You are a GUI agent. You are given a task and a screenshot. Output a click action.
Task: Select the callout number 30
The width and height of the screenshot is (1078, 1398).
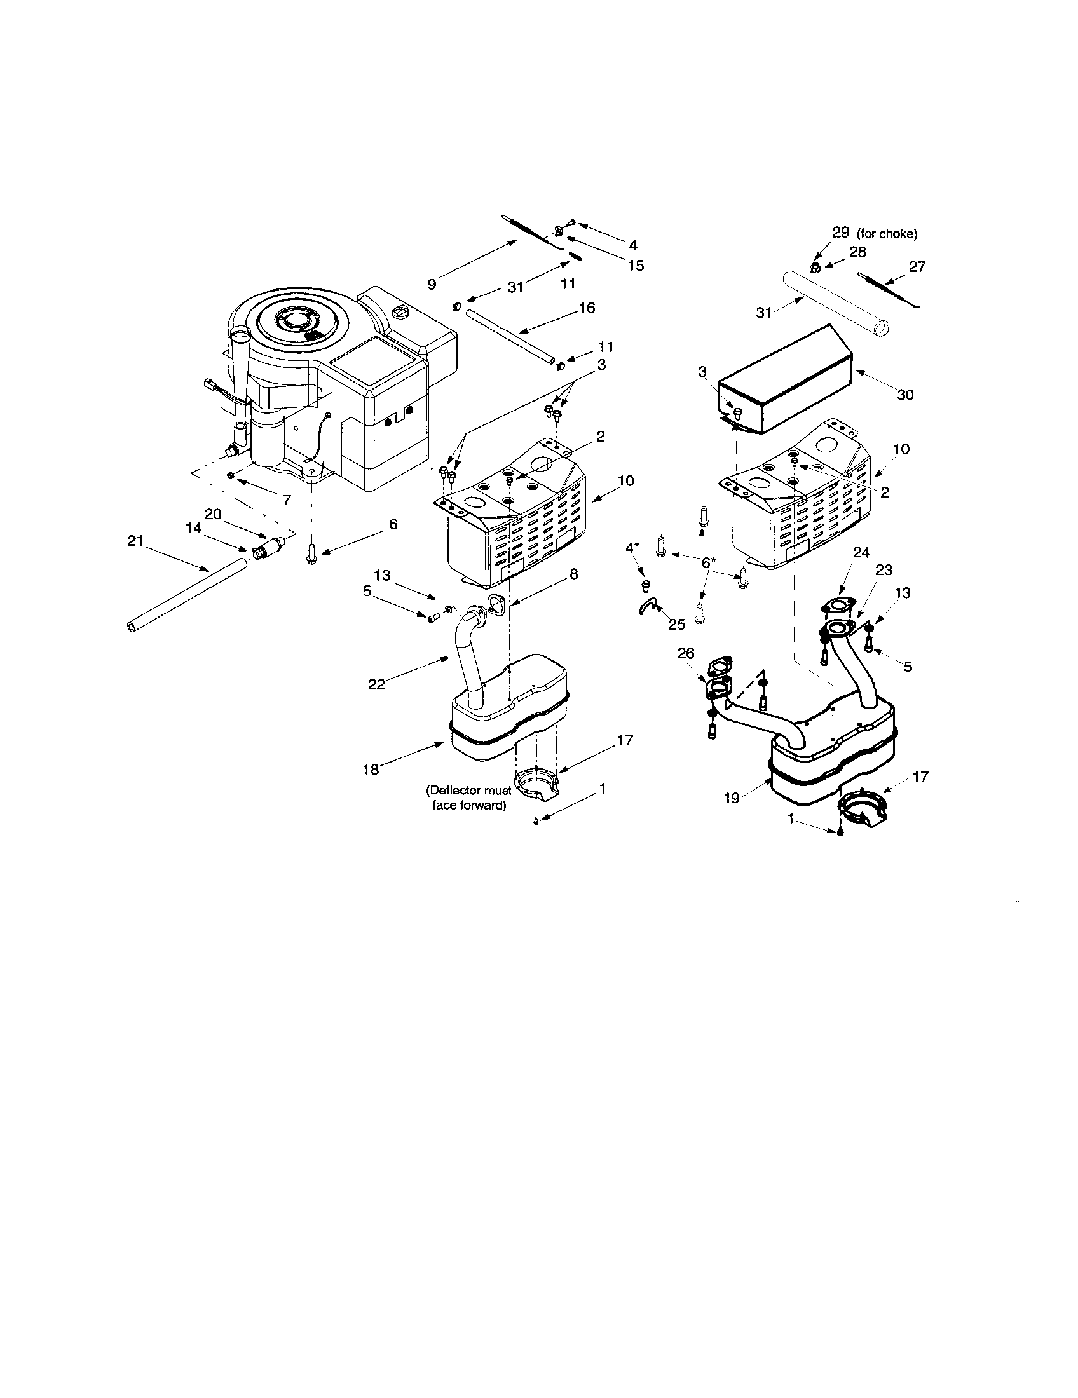(x=904, y=395)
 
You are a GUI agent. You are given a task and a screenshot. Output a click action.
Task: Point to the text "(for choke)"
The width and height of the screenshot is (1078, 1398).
(x=887, y=234)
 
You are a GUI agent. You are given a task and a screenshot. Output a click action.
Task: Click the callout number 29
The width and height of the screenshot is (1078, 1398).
(x=840, y=233)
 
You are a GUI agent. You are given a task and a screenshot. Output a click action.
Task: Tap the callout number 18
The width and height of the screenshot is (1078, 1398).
(x=371, y=770)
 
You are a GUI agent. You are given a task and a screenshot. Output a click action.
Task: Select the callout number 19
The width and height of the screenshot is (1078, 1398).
(x=732, y=797)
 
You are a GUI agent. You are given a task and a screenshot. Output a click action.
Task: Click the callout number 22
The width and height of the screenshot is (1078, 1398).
(x=376, y=684)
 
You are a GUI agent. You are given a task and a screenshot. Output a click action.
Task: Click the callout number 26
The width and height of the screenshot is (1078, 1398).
(x=686, y=653)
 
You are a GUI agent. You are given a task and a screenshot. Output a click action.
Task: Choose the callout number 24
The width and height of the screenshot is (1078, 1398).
(x=862, y=552)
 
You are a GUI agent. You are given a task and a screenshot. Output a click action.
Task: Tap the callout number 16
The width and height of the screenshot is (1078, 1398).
(x=587, y=308)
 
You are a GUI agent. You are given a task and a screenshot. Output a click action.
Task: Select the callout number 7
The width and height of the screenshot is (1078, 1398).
(x=286, y=501)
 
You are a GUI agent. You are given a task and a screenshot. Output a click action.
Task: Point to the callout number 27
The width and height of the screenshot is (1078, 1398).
(x=917, y=266)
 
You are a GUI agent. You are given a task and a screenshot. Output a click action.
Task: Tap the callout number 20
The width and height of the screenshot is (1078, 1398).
(x=212, y=513)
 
